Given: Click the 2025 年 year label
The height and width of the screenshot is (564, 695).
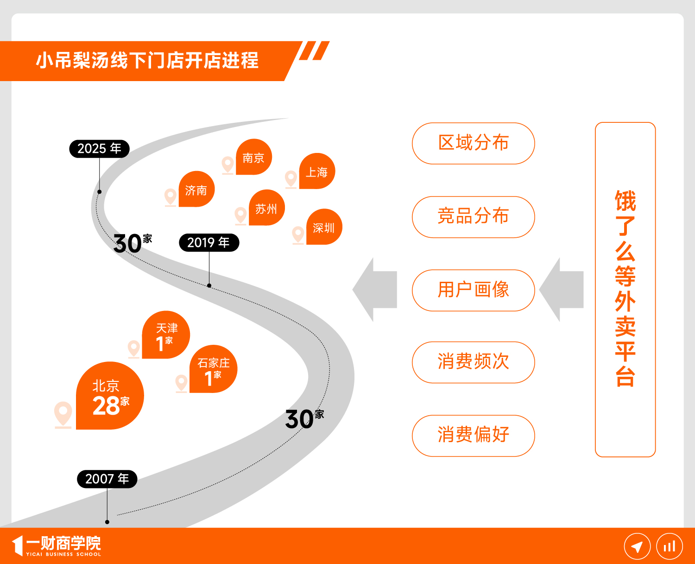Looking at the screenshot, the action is coord(99,149).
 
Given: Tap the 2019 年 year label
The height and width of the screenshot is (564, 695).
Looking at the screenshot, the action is coord(209,242).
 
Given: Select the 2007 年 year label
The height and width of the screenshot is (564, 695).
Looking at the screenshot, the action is coord(107,479).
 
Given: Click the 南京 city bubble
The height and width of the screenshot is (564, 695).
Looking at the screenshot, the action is coord(254,157).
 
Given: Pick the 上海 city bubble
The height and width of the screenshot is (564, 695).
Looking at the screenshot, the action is coord(317,171).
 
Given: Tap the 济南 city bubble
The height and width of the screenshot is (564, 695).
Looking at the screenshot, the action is coord(197,189).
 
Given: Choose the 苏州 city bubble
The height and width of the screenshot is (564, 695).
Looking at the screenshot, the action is coord(267,208).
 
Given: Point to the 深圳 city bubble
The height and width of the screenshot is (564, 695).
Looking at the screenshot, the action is coord(324,227).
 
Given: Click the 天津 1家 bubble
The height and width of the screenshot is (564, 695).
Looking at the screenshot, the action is coord(166,335).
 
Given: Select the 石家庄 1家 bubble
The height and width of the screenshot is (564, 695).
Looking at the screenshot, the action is coord(214,369).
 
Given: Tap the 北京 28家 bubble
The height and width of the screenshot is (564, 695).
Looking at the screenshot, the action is coord(110,396).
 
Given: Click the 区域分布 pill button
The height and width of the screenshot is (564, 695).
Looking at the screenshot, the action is coord(474,143).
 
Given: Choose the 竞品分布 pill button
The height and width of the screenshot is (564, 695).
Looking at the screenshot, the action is coord(474,217).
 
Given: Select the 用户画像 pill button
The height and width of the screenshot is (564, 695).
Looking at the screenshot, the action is coord(474,291).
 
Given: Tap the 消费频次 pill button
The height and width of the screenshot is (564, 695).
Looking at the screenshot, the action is coord(474,362).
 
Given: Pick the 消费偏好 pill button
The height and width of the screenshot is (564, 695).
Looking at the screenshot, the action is coord(474,436).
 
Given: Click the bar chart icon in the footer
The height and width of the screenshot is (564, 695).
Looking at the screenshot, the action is coord(670,546).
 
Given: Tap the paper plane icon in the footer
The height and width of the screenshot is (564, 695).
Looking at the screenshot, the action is coord(637,546).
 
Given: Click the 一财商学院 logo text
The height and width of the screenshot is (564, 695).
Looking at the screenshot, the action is coord(63,543).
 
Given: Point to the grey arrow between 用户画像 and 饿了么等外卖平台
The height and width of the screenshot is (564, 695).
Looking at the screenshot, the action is coord(561,290).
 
